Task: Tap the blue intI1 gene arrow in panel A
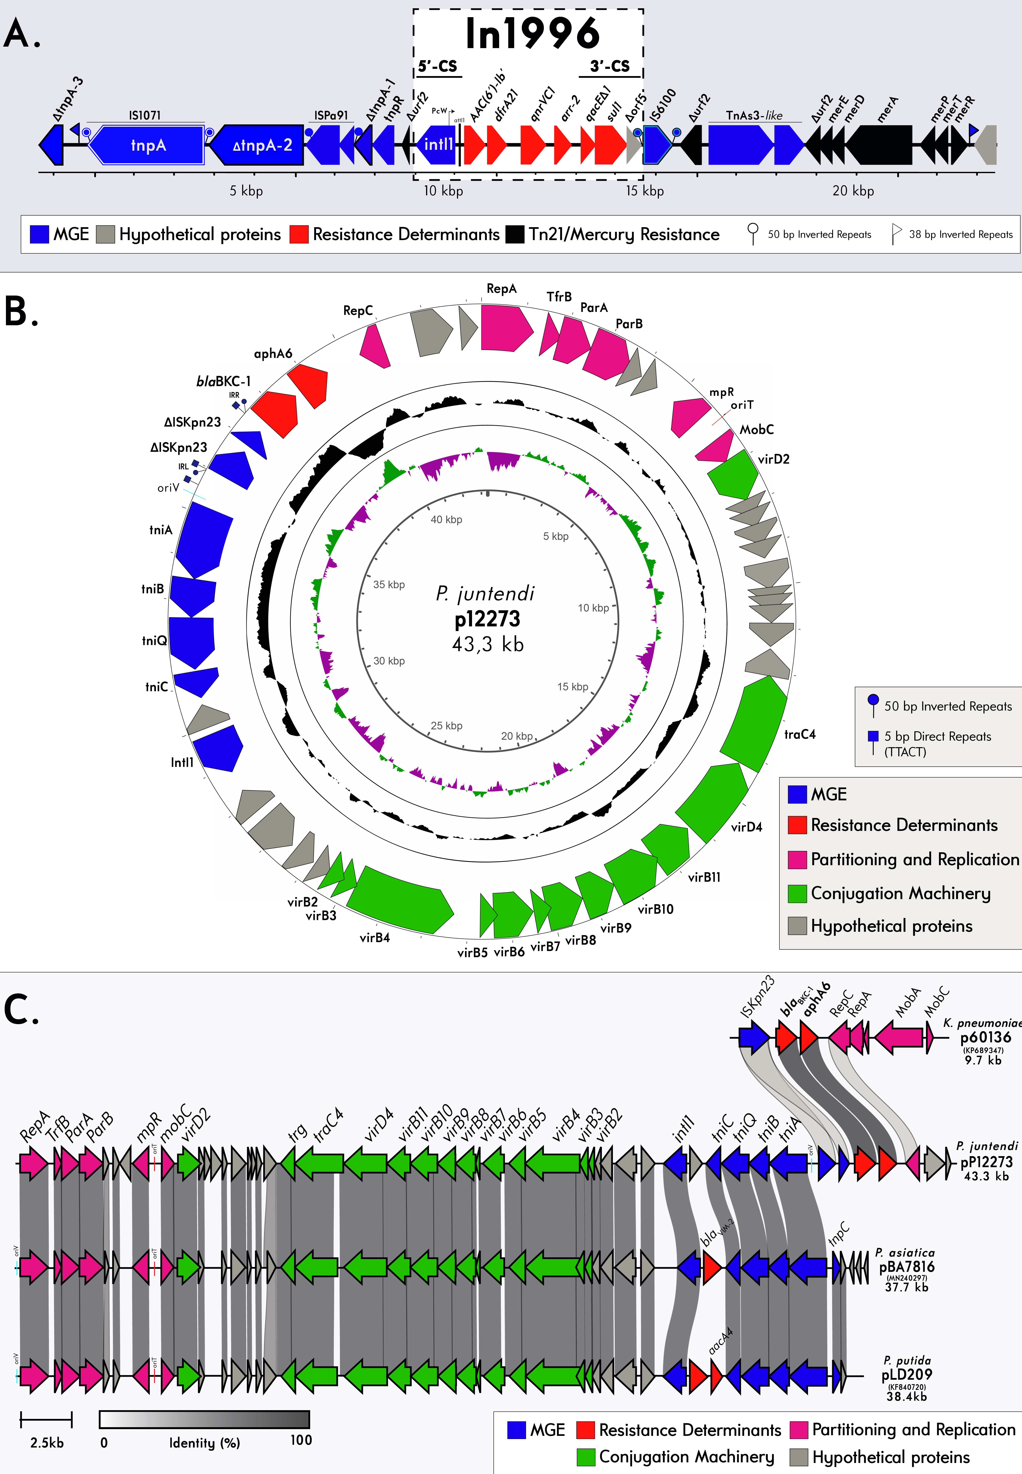tap(437, 145)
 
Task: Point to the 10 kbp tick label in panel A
tap(443, 191)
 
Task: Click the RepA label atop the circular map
tap(501, 289)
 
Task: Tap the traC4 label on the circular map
tap(800, 734)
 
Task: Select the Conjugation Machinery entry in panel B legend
tap(900, 893)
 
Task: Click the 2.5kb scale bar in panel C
tap(46, 1420)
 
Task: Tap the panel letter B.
tap(21, 312)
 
